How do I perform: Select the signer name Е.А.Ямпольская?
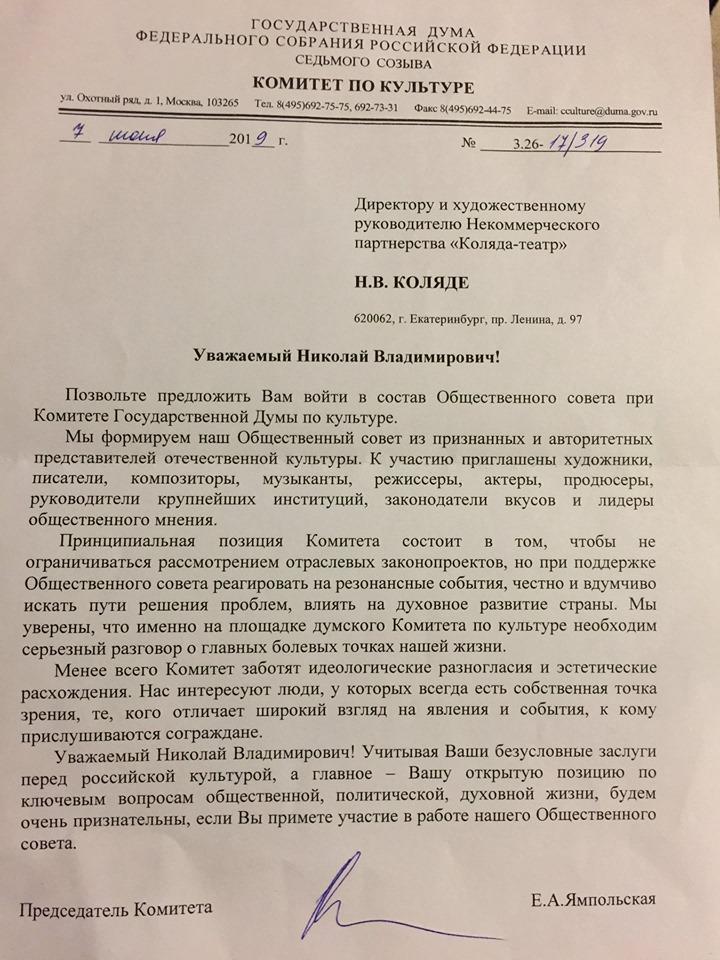click(x=595, y=898)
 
